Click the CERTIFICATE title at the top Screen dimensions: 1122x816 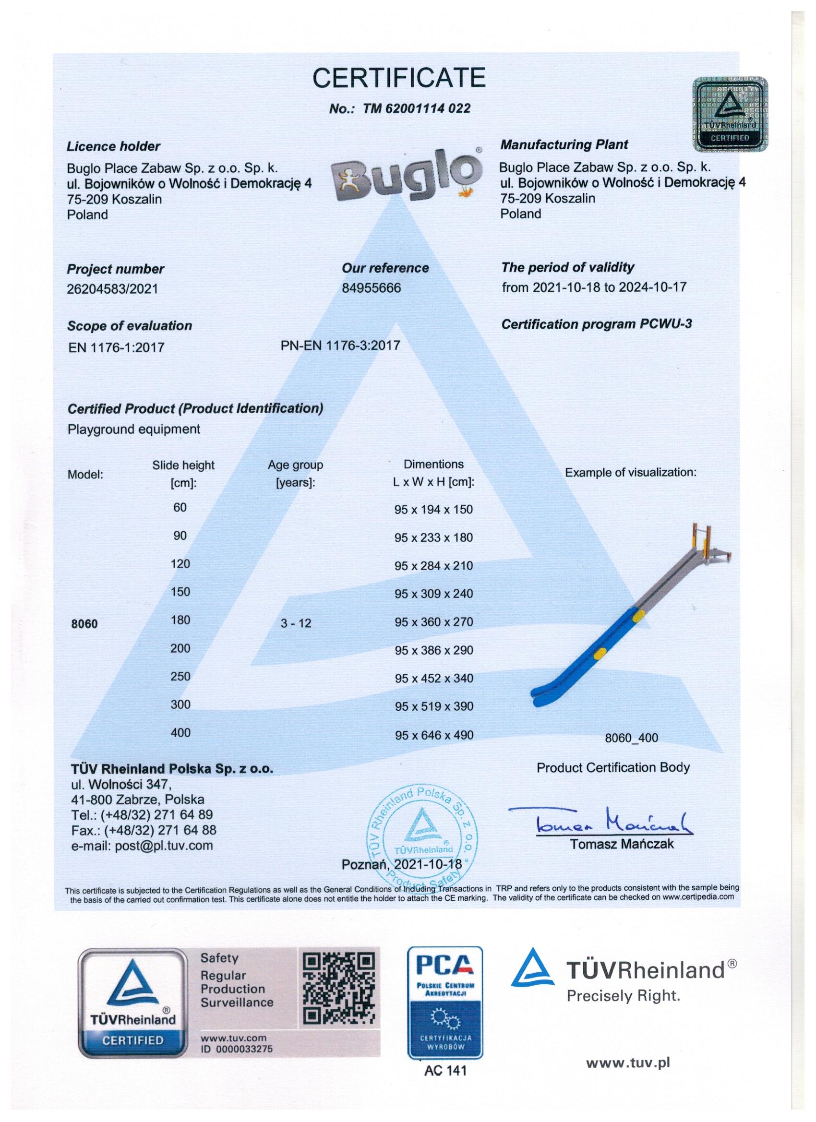[x=399, y=78]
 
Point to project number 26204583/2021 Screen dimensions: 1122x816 [x=112, y=288]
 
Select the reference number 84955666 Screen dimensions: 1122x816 [x=371, y=287]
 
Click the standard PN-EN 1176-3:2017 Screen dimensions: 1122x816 [x=340, y=345]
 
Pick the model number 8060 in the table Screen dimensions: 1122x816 [x=84, y=624]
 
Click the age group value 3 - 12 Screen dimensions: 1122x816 [x=296, y=623]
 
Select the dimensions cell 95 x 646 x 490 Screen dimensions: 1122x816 [x=433, y=735]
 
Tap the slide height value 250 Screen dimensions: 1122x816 [x=180, y=676]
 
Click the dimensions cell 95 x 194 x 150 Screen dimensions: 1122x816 [x=433, y=510]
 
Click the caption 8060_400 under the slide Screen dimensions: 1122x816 [x=631, y=738]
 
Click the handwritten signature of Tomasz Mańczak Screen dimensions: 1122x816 [x=601, y=822]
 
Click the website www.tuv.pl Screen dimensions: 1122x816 [x=628, y=1062]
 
